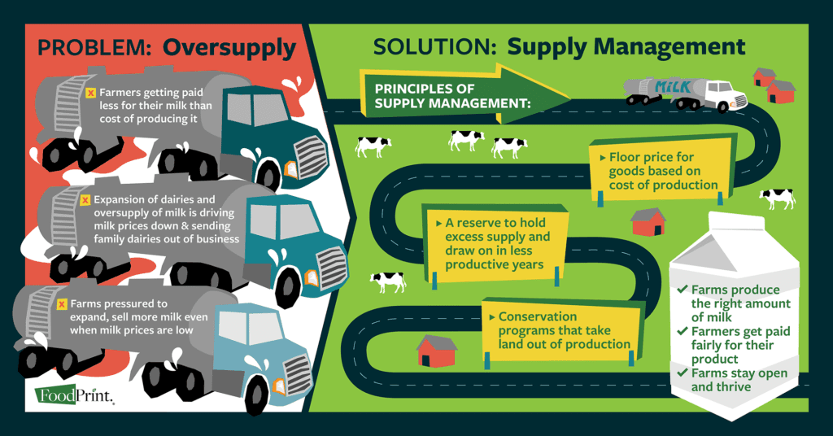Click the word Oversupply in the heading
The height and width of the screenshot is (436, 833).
[229, 47]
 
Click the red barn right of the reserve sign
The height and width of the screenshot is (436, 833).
[648, 221]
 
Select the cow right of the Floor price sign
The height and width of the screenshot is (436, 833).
[777, 198]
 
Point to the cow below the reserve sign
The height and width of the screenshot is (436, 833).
[388, 281]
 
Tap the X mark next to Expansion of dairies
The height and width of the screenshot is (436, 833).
[85, 198]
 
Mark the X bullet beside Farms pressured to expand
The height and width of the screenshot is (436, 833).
[62, 304]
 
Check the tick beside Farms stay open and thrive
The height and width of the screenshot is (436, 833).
[683, 373]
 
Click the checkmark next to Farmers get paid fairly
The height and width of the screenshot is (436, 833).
[683, 331]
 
